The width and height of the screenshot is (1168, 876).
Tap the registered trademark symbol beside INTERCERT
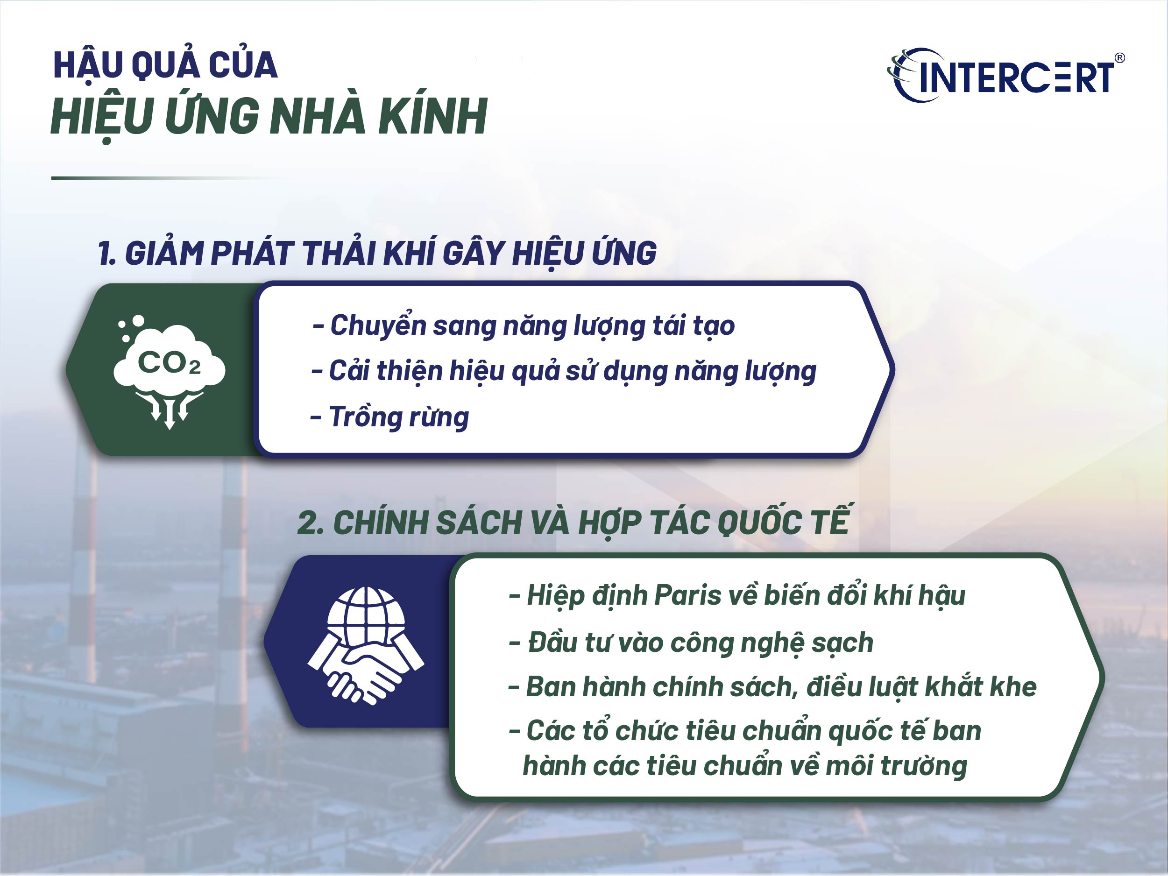coord(1119,58)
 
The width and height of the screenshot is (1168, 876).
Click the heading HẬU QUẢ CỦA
coord(165,65)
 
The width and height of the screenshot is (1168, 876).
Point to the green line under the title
coord(158,178)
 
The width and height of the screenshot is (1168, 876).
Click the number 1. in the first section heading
coord(106,253)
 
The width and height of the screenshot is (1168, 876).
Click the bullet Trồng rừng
coord(399,417)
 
